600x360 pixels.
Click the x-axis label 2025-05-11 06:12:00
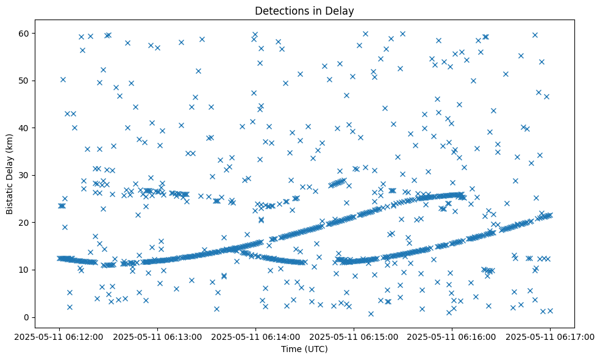(59, 336)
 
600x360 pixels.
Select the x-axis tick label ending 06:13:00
(157, 336)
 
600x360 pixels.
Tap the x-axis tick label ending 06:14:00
(255, 336)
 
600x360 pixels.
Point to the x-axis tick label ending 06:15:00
(354, 336)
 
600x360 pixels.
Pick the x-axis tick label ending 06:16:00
(452, 336)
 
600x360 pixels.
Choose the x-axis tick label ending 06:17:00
(550, 336)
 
